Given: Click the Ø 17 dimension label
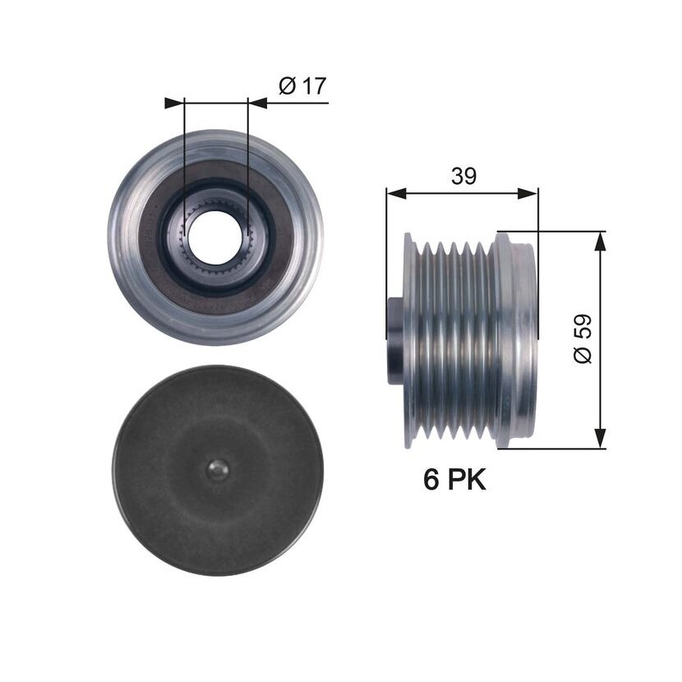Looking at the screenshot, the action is click(302, 85).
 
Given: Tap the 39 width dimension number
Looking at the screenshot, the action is click(463, 176).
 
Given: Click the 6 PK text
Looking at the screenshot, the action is click(454, 480).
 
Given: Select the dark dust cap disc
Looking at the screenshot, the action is click(218, 471).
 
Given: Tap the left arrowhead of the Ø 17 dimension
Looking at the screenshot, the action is click(174, 103).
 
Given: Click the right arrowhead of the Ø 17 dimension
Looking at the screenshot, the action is click(257, 103).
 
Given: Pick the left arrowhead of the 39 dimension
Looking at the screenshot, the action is click(396, 194).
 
